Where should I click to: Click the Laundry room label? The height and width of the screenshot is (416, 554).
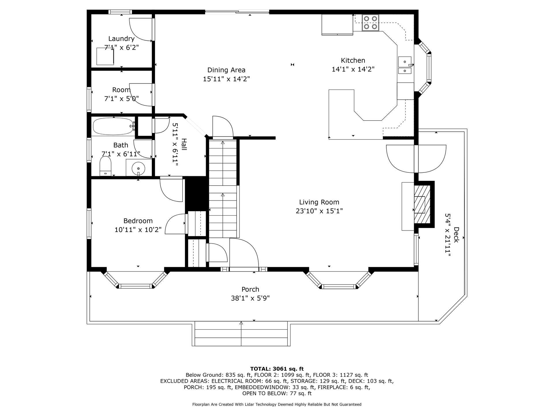click(121, 39)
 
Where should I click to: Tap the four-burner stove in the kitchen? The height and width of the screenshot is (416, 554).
click(370, 23)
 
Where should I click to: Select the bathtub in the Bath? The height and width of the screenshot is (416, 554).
click(113, 126)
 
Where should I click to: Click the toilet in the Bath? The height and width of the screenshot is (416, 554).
click(105, 166)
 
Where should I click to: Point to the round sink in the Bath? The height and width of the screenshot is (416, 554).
click(138, 168)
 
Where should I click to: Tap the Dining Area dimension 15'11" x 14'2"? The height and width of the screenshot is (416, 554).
click(226, 79)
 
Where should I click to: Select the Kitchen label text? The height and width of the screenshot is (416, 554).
click(353, 60)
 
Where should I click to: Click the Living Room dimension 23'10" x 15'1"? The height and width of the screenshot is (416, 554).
click(319, 211)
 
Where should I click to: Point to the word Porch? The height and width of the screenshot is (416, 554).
click(250, 289)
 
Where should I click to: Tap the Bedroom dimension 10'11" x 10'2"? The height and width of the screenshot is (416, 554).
click(138, 230)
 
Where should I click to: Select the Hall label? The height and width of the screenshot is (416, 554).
click(184, 144)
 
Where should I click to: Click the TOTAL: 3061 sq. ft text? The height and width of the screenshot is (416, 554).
click(277, 369)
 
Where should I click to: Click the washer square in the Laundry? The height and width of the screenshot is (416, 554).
click(105, 56)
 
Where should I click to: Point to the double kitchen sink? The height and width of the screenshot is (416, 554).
click(405, 66)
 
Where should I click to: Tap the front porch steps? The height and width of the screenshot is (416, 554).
click(241, 334)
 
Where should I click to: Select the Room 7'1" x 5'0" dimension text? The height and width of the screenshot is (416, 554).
click(121, 99)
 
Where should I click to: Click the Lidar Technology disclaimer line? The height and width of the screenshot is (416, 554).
click(277, 404)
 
